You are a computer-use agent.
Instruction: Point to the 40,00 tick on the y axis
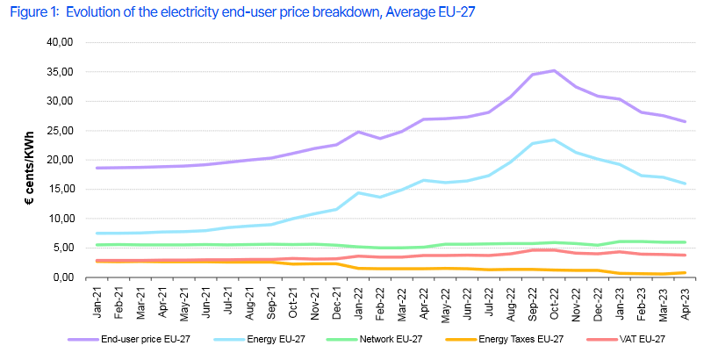click(x=59, y=42)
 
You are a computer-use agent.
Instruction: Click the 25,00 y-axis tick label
click(x=59, y=130)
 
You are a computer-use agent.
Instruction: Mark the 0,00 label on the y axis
click(x=61, y=277)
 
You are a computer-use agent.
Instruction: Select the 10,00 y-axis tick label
click(x=59, y=219)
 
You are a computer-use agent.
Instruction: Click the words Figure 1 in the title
click(x=32, y=11)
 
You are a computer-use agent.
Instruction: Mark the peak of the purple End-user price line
click(x=553, y=70)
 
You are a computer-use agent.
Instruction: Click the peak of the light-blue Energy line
click(x=553, y=140)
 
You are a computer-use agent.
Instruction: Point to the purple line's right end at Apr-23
click(x=685, y=121)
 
